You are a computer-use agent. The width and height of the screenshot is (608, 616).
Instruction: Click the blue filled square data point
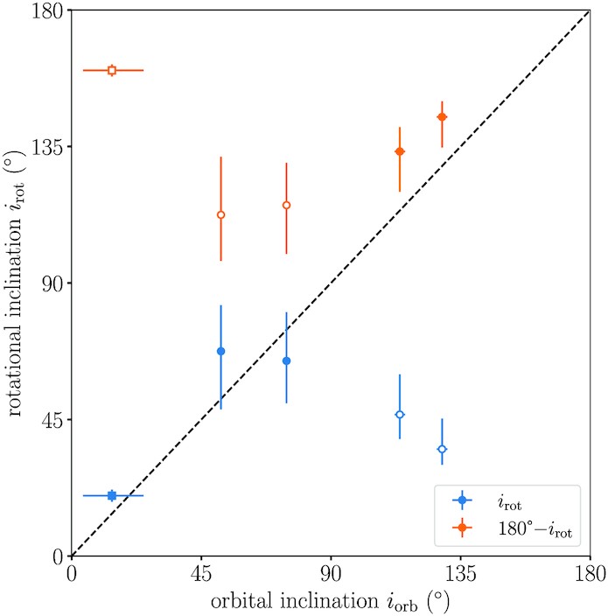(x=112, y=495)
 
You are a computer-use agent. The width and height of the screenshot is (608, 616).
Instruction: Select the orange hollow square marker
(x=112, y=70)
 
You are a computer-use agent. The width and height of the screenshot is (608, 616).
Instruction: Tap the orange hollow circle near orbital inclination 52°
(x=221, y=214)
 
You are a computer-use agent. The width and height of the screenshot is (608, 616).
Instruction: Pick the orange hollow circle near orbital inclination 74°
(x=286, y=205)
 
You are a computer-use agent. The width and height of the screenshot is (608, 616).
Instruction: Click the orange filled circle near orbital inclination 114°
(x=400, y=151)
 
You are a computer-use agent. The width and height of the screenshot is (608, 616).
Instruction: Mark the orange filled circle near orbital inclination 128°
(x=442, y=117)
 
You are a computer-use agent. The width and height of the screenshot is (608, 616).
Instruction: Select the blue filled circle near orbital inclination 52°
(x=221, y=351)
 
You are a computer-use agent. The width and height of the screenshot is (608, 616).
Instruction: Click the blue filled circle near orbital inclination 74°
(x=286, y=360)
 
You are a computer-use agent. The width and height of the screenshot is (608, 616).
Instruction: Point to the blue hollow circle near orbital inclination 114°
(x=400, y=414)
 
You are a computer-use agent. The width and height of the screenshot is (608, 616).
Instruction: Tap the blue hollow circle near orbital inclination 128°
(x=442, y=449)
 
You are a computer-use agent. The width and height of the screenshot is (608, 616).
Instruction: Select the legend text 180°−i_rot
(x=535, y=528)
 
